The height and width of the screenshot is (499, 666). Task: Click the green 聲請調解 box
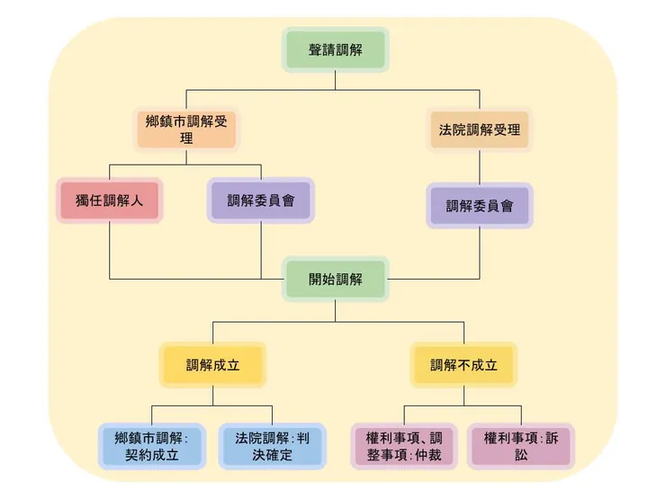click(336, 49)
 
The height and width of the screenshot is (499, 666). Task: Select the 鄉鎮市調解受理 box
click(186, 129)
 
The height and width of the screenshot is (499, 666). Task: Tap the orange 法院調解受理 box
click(479, 129)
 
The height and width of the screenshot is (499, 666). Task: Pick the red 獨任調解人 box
click(109, 200)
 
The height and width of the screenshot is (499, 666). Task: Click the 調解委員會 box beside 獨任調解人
click(261, 200)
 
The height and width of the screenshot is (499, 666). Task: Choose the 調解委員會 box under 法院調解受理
click(479, 205)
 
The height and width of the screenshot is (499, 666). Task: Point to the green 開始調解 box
click(336, 279)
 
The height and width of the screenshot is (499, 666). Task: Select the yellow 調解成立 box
click(213, 365)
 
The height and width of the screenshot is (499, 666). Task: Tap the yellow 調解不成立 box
click(463, 365)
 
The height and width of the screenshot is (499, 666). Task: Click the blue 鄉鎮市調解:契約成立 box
click(151, 446)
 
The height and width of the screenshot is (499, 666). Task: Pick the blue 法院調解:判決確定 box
click(273, 446)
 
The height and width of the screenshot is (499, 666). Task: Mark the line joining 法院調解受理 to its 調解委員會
click(479, 166)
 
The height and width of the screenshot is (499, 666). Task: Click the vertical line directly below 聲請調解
click(336, 79)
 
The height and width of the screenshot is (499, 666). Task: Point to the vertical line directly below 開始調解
click(336, 309)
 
